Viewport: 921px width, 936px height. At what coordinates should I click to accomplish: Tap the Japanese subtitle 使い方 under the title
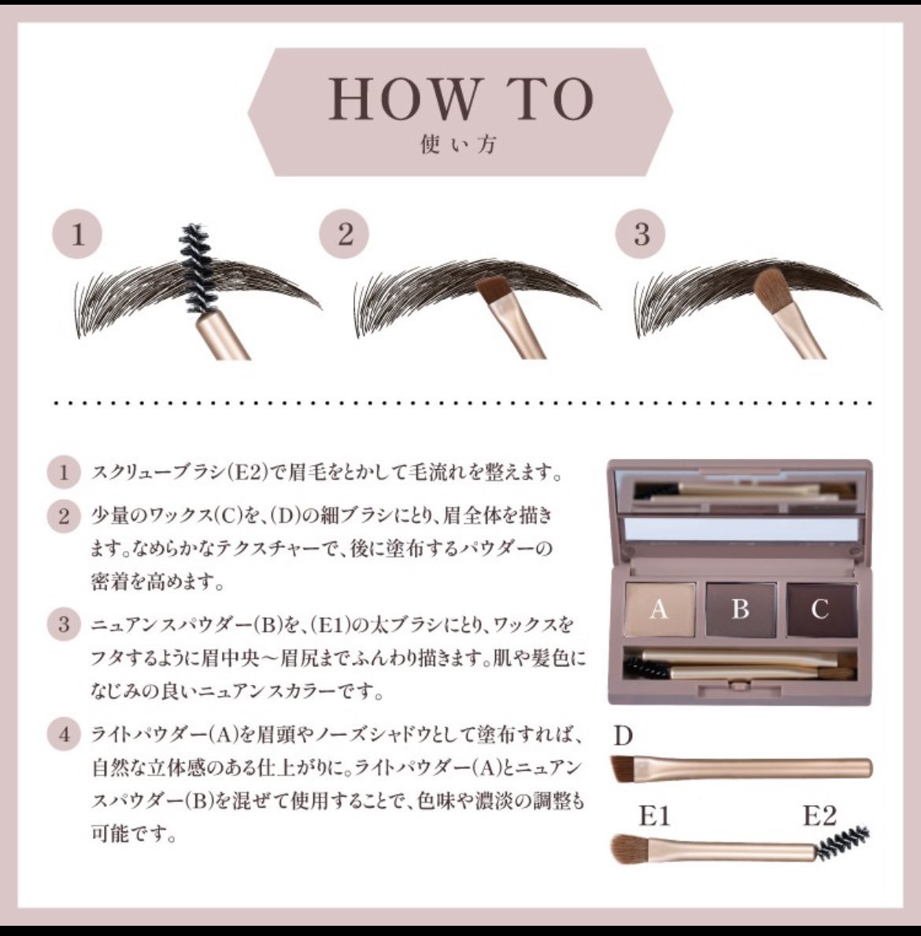tap(458, 144)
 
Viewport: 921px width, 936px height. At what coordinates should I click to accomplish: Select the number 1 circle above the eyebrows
tap(77, 233)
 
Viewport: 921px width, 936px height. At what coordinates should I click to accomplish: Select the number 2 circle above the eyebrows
tap(344, 233)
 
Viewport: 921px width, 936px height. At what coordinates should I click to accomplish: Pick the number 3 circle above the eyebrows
tap(641, 233)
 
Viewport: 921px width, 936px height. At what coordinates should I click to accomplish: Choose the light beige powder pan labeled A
tap(660, 609)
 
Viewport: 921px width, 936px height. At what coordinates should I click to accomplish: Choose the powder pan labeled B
tap(740, 609)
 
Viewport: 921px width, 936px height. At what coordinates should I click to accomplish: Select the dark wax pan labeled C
tap(821, 609)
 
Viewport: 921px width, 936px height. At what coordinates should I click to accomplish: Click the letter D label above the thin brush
tap(623, 736)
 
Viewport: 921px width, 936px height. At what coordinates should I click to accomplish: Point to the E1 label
tap(654, 816)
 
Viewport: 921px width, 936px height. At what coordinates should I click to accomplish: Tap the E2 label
tap(819, 816)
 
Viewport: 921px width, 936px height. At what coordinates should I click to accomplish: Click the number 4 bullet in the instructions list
tap(63, 734)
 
